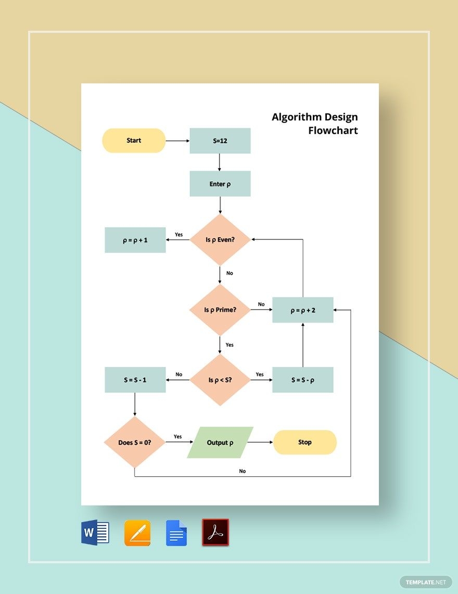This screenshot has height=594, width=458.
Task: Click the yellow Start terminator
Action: (134, 141)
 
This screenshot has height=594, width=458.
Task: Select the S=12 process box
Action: (220, 141)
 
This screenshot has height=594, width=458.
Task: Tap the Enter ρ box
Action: (220, 184)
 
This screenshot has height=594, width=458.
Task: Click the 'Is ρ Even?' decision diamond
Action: (220, 240)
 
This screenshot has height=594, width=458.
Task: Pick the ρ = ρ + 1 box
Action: (135, 240)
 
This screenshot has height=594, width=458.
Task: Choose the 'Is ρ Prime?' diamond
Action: (220, 310)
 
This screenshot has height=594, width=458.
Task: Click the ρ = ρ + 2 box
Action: (303, 310)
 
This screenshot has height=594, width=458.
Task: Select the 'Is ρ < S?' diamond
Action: (220, 380)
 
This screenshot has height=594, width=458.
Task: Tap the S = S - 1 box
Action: (135, 380)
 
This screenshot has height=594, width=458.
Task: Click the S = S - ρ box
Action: (303, 380)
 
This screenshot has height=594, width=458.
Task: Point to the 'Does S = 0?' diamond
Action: (135, 442)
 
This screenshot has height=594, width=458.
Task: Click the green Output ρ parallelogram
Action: (220, 442)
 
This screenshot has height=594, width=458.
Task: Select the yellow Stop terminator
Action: (305, 442)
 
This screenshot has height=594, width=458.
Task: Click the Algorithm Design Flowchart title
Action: (315, 123)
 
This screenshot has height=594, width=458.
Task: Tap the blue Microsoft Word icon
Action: (95, 533)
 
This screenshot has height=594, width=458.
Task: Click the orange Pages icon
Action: (137, 533)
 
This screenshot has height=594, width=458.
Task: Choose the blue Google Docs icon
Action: (176, 533)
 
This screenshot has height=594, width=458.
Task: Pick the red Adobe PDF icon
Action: (215, 533)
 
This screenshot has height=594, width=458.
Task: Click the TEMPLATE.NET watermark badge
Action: (426, 581)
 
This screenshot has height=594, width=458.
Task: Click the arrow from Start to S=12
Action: (177, 141)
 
